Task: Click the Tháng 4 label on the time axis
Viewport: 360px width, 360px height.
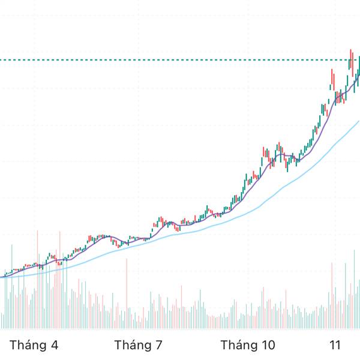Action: click(34, 346)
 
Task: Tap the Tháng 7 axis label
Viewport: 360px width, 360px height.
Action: click(139, 346)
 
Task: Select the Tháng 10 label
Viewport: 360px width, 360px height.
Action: click(247, 346)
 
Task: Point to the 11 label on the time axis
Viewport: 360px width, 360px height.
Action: click(335, 346)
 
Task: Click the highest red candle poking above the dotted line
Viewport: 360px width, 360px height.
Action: click(352, 59)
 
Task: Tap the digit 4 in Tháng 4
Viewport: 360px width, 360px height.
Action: click(55, 346)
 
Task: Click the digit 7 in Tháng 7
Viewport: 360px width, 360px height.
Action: click(159, 346)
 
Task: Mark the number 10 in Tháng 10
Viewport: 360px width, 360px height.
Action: click(268, 346)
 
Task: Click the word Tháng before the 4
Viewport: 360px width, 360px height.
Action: click(28, 346)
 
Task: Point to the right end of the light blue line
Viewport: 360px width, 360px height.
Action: click(358, 121)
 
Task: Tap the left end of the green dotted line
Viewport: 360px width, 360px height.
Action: click(2, 59)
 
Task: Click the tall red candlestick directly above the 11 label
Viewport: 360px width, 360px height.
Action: click(333, 78)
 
